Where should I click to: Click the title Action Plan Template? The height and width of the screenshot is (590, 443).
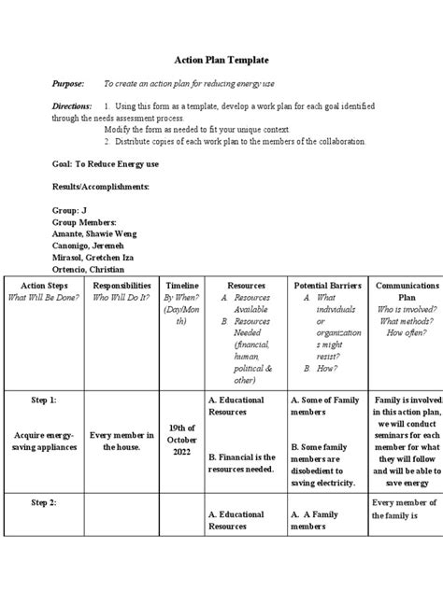pos(221,59)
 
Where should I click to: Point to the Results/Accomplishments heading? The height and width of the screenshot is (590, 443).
pos(100,187)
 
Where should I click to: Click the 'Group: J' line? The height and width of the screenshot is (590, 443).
pos(70,211)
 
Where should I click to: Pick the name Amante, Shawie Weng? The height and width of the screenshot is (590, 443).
pos(96,234)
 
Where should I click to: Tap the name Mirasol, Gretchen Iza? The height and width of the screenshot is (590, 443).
pos(99,257)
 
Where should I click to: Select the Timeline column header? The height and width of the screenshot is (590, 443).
pos(181,285)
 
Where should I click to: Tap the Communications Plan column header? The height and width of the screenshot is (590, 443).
pos(406,290)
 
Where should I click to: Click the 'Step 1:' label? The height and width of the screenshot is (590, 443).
pos(44,399)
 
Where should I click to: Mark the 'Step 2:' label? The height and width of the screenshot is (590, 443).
pos(44,502)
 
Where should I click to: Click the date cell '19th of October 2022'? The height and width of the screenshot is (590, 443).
pos(181,440)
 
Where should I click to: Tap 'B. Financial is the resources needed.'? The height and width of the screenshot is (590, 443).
pos(242,462)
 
